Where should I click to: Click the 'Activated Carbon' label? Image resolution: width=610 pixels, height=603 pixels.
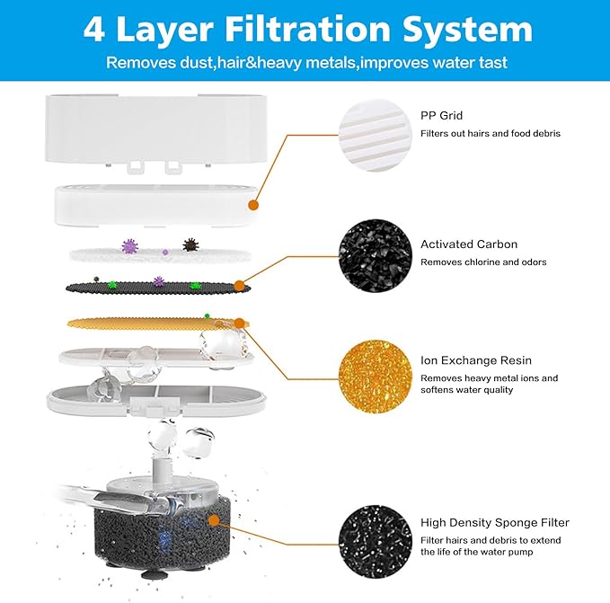coord(469,244)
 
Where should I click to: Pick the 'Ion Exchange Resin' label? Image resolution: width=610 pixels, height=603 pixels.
coord(476,360)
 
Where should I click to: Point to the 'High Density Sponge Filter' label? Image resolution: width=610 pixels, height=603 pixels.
coord(495,522)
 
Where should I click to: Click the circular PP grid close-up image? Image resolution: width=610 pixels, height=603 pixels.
coord(376,135)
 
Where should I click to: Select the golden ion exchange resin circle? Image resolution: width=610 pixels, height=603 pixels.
coord(376,374)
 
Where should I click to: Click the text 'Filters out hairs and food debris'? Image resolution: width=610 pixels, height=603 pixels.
coord(491,134)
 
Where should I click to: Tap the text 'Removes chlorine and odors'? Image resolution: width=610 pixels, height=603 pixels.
coord(483,262)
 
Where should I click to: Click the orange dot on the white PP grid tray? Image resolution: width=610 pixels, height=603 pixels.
coord(253,206)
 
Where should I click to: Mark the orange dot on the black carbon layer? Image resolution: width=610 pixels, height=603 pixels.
coord(239,286)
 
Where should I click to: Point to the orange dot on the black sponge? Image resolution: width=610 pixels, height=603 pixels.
coord(214,519)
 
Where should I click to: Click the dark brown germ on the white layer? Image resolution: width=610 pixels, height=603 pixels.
coord(190,244)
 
